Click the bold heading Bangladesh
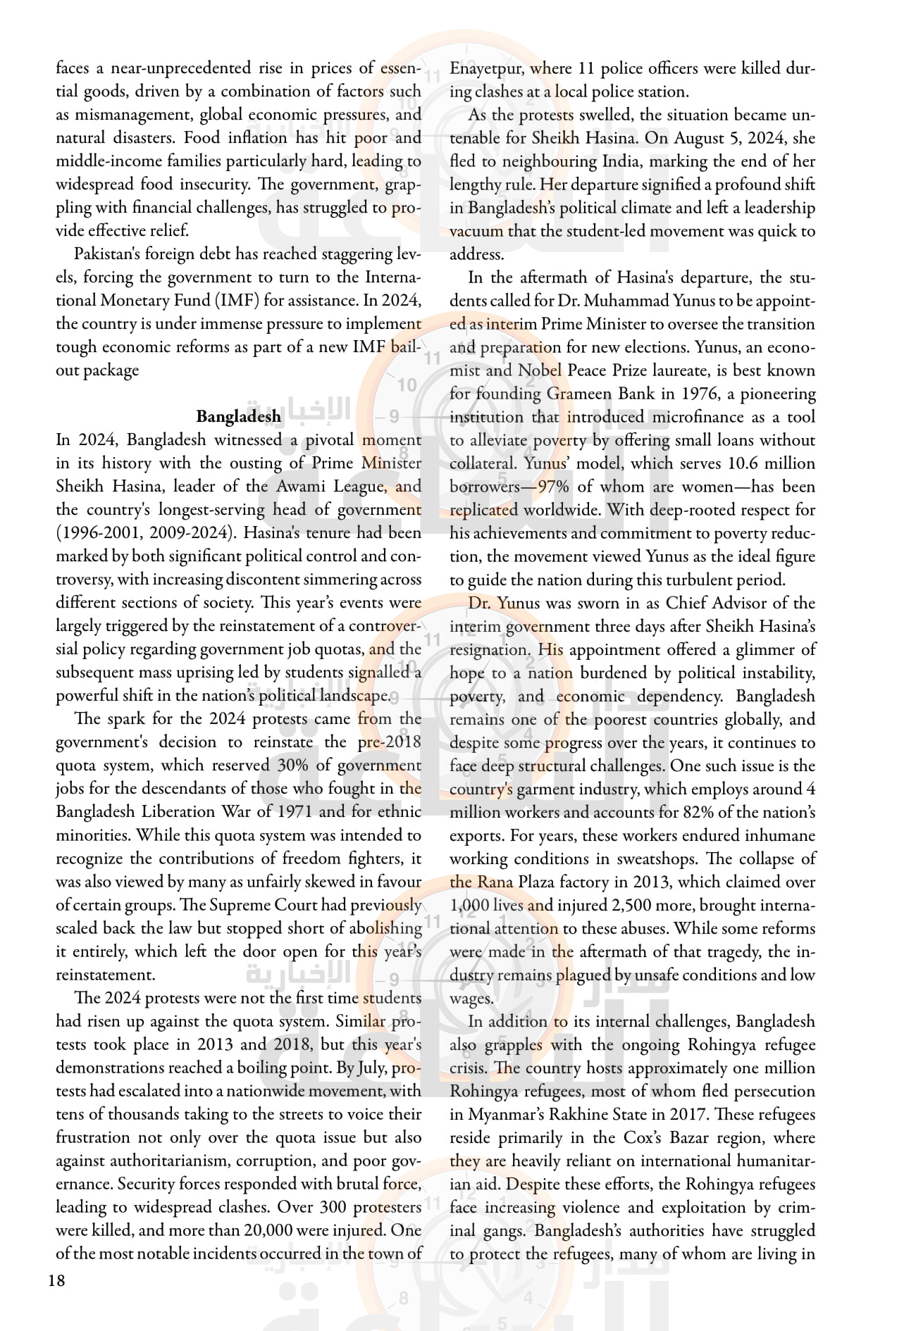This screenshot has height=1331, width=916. point(238,416)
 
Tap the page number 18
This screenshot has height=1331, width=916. point(56,1280)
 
